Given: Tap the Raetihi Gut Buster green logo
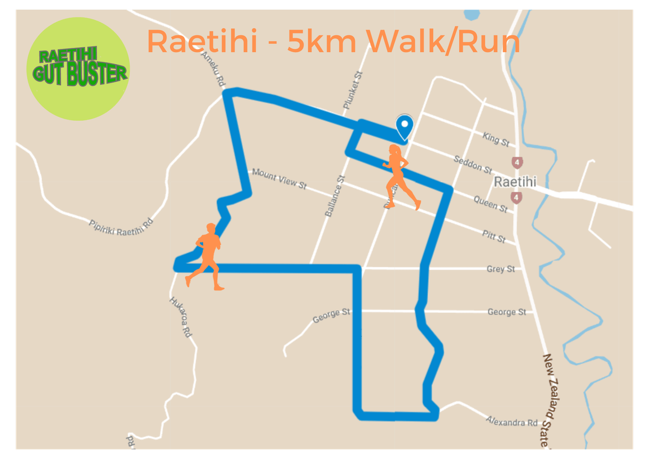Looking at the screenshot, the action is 78,69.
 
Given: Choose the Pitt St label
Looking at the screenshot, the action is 494,235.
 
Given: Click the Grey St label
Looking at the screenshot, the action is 500,269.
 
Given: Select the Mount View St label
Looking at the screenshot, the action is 279,179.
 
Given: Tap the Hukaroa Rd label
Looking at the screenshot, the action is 181,317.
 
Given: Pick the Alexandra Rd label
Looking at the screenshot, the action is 512,421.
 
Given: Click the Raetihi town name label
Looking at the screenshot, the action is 514,182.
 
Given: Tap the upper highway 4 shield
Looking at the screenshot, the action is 518,162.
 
